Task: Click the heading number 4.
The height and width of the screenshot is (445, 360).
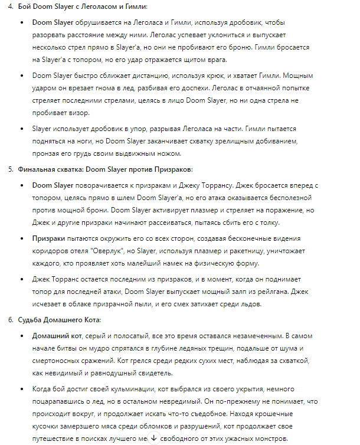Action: (x=9, y=6)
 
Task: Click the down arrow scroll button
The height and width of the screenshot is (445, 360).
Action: (x=154, y=437)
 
